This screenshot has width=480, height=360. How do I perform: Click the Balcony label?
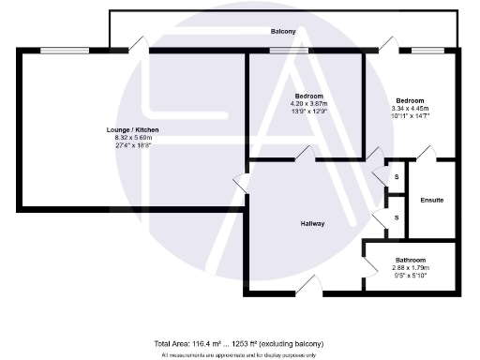coord(283,32)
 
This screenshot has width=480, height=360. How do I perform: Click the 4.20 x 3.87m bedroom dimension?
coord(308,105)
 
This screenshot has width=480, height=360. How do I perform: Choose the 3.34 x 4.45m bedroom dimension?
coord(410,109)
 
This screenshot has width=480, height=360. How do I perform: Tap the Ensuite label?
coord(432,201)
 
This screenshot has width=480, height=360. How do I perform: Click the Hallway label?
coord(313,223)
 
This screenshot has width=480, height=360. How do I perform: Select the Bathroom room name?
coord(410,260)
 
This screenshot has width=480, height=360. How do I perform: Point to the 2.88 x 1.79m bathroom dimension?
coord(410,268)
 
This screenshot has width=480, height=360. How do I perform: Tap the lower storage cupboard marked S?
coord(396,217)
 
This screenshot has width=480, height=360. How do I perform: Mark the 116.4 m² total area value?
coord(200,344)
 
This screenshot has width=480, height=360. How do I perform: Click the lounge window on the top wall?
coord(57,49)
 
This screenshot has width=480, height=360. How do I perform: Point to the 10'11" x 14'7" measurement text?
coord(410,117)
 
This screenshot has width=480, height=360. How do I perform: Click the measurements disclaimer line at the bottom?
coord(239,355)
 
